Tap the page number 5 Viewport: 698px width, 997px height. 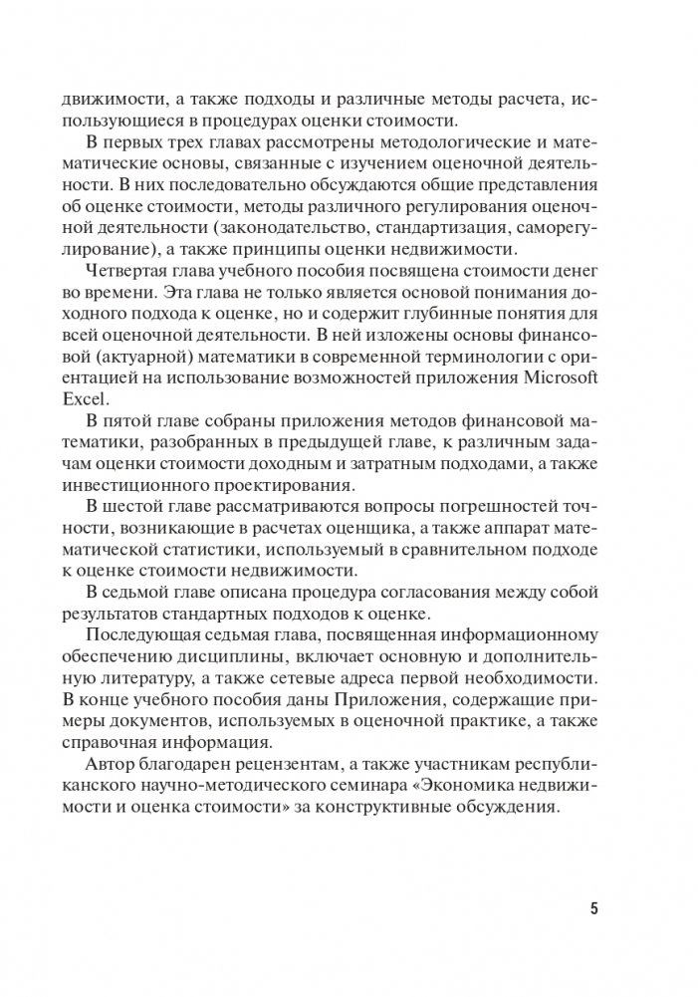(594, 907)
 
